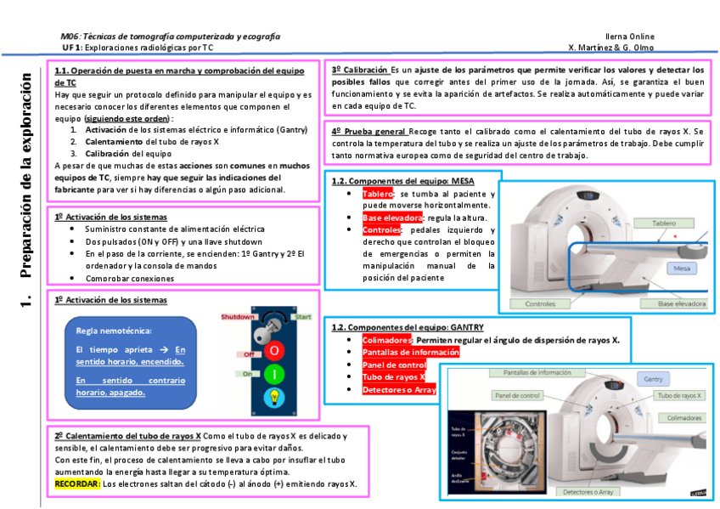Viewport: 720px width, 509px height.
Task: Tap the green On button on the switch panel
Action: click(x=273, y=374)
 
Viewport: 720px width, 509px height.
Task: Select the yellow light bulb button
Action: click(x=273, y=397)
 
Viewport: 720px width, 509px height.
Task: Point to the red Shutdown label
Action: click(x=239, y=316)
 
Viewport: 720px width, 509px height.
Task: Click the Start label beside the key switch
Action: click(x=303, y=316)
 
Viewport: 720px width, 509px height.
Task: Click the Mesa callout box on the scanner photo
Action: click(x=680, y=269)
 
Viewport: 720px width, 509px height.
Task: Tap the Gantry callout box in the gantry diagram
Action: click(x=653, y=379)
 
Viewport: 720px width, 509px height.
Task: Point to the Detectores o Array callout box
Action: click(x=590, y=491)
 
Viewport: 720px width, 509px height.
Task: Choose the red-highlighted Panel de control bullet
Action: click(x=394, y=365)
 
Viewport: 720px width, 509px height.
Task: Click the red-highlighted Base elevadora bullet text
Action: click(x=392, y=218)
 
